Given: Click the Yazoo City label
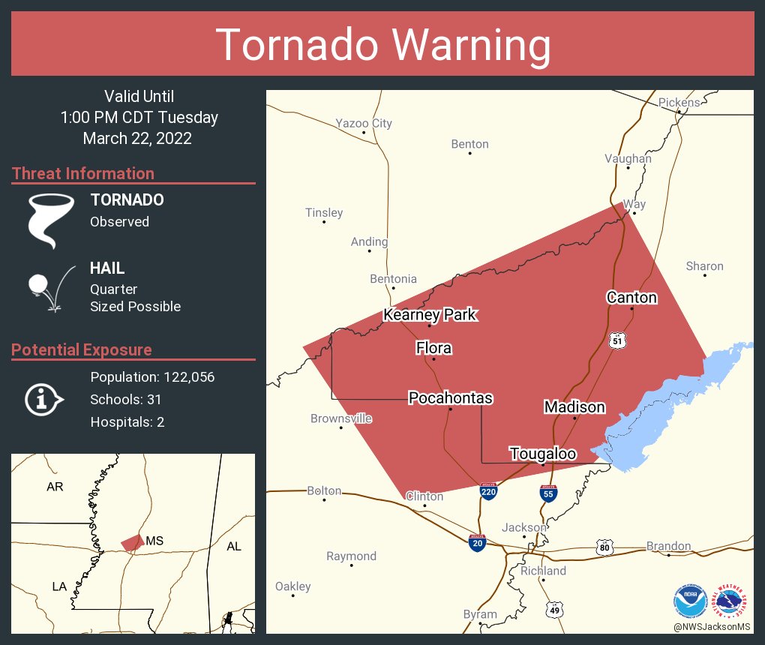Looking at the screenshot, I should (364, 123).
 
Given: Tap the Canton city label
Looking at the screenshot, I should (631, 297).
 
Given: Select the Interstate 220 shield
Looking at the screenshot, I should (488, 492).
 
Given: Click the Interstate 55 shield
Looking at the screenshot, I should (548, 493).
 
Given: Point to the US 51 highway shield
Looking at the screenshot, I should (617, 340).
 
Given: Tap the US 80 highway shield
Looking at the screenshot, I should (605, 548).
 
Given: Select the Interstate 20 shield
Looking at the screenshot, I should (476, 542).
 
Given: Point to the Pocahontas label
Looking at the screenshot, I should (450, 397).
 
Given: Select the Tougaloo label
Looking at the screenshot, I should (543, 454).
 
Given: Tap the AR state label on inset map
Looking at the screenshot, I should (55, 487).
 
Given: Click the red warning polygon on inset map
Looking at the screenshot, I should (133, 541).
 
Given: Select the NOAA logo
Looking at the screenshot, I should (690, 601).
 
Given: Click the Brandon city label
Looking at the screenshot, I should (668, 546).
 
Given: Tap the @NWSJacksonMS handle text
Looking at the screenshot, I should (712, 626).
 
